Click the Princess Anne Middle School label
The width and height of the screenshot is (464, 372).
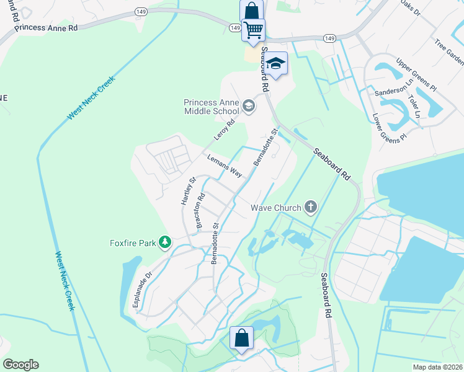point(211,107)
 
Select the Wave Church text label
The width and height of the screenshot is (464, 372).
point(275,208)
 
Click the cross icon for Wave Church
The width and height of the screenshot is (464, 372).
point(310,208)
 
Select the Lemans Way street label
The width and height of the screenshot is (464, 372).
point(224,166)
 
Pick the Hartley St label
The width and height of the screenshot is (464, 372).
point(188,191)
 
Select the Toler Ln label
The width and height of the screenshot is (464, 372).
point(414,107)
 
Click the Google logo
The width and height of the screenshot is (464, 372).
point(20,365)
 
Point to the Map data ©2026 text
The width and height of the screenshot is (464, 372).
point(437,366)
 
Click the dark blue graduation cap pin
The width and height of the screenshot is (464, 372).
point(277,64)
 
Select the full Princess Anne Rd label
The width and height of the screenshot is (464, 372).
point(47,27)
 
